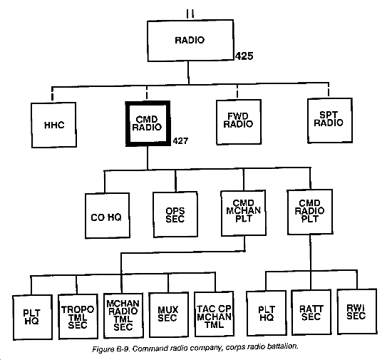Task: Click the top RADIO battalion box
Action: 190,41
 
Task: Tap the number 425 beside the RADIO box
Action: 244,56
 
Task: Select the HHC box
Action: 53,125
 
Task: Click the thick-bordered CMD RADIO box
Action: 148,123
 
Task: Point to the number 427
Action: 180,141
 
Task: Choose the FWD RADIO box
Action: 239,122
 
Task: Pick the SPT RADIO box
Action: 330,120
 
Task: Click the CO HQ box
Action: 107,215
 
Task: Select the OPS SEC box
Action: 175,215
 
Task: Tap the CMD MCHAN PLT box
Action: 244,213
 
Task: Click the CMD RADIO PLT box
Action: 310,212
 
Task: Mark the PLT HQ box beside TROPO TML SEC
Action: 33,317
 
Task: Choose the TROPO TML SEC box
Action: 78,317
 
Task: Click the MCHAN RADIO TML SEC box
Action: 123,316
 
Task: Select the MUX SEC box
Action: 168,315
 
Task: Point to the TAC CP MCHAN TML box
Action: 214,314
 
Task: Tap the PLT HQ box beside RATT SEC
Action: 267,313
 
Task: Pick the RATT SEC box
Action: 311,312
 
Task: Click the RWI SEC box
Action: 357,312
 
